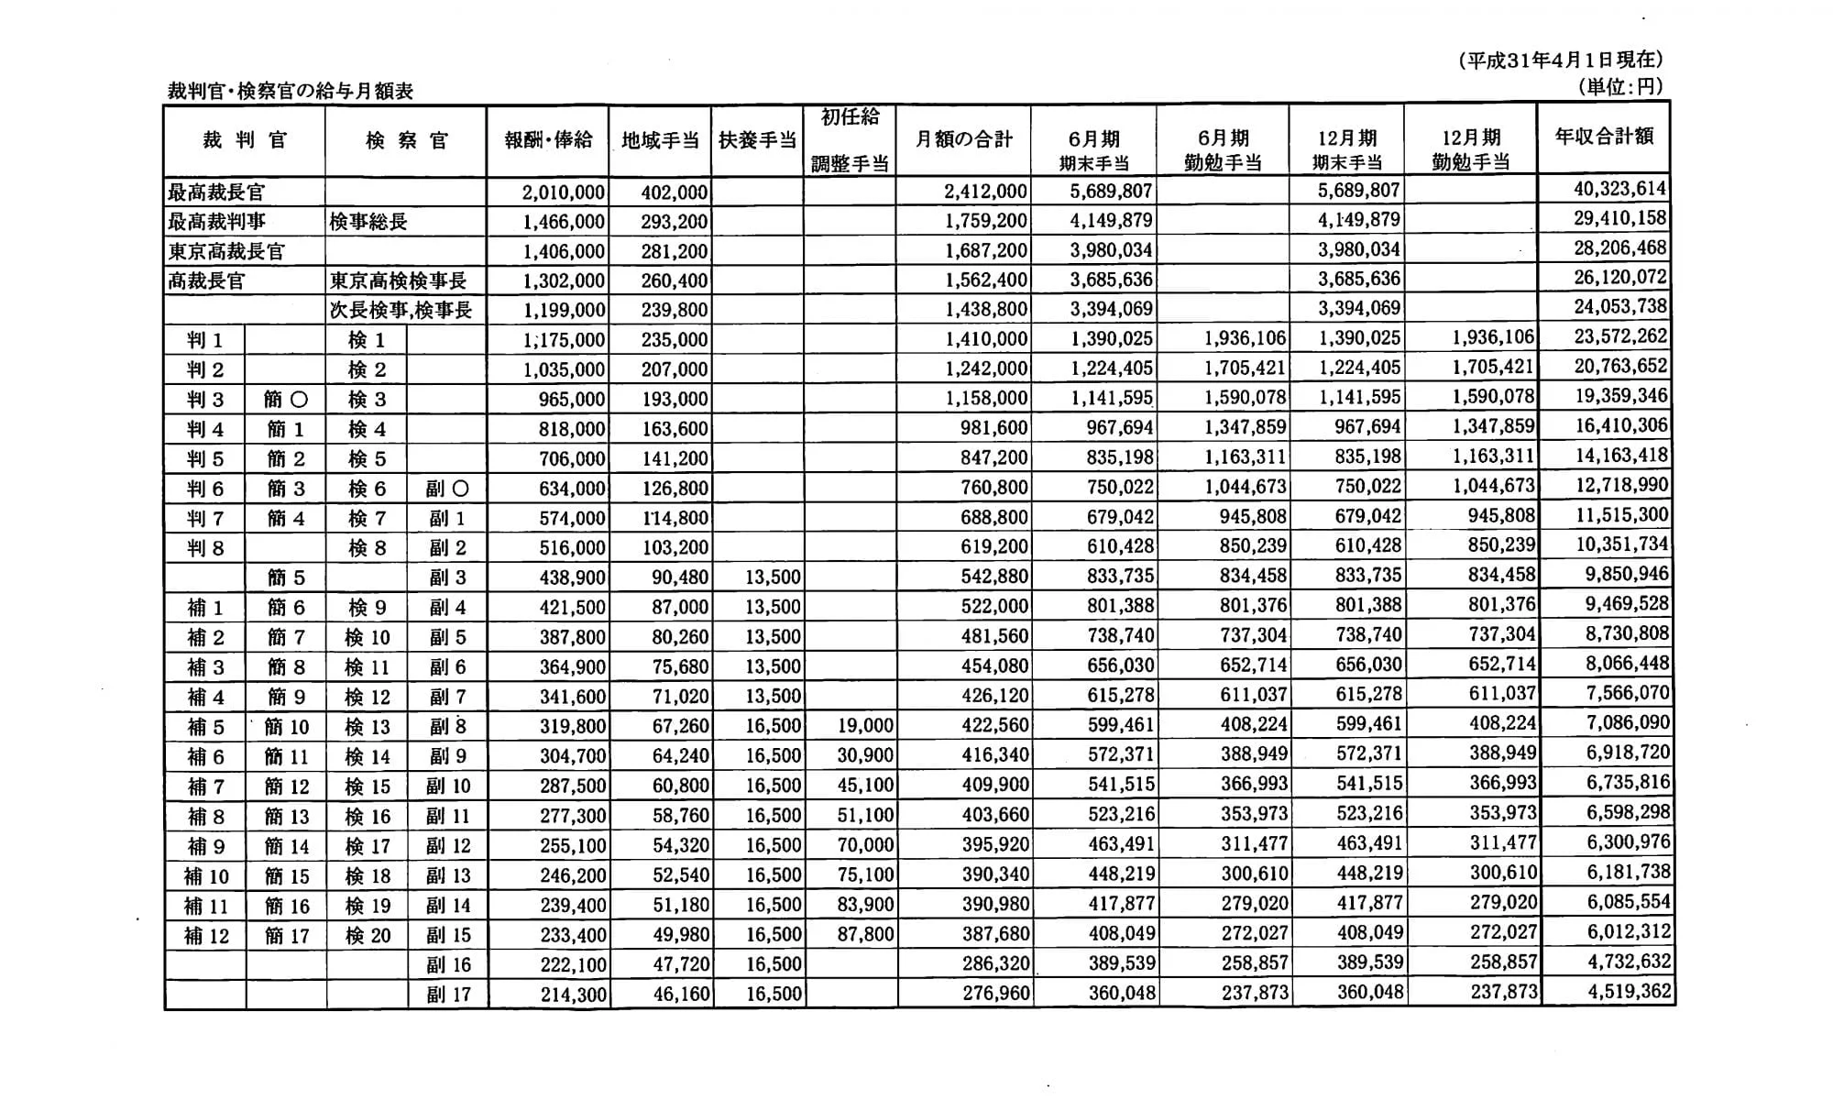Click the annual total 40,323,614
[x=1619, y=189]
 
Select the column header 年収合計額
[x=1604, y=137]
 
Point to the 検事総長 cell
[x=368, y=222]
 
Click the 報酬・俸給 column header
[x=548, y=140]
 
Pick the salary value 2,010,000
[x=563, y=192]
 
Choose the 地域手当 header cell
[x=660, y=140]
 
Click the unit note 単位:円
[x=1619, y=87]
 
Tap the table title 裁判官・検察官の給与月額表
[x=290, y=91]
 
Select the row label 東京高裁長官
[x=226, y=251]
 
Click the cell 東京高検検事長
[x=398, y=280]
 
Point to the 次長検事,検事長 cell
[x=401, y=310]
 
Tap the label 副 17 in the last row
[x=448, y=994]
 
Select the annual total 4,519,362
[x=1629, y=991]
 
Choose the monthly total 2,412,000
[x=984, y=192]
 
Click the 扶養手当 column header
[x=757, y=140]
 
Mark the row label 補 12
[x=206, y=936]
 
